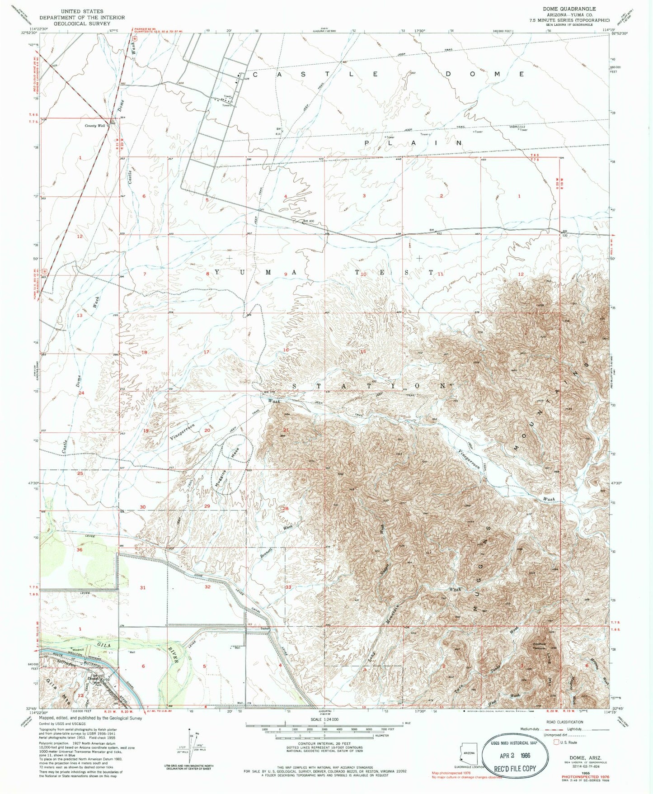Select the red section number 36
(80, 550)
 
